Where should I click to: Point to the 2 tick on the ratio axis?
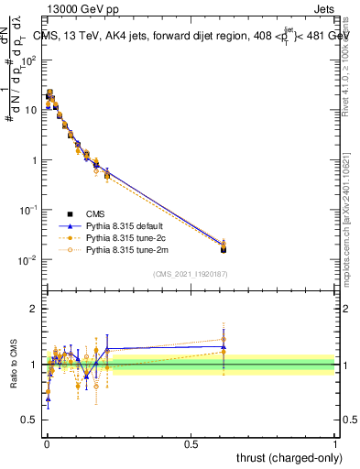(x=34, y=309)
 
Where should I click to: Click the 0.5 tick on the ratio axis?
(x=31, y=420)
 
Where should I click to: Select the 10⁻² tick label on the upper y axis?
(x=28, y=260)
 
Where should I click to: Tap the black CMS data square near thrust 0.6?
(x=224, y=248)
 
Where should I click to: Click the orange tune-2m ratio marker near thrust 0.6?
(x=224, y=339)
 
